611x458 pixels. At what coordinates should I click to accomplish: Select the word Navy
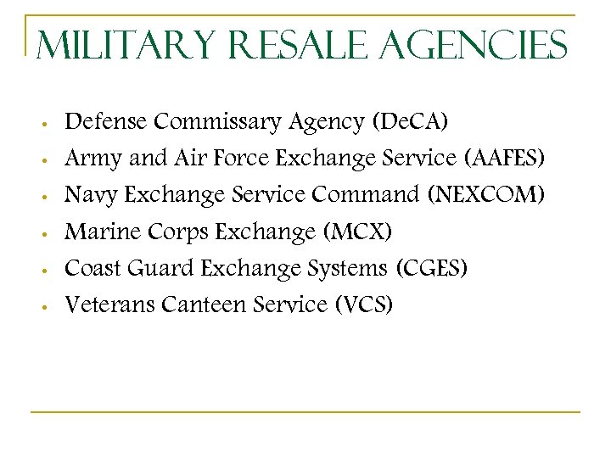click(x=92, y=195)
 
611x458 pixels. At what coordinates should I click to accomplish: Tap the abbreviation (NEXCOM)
click(x=487, y=195)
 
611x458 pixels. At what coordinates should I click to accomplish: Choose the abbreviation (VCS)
click(x=363, y=304)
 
